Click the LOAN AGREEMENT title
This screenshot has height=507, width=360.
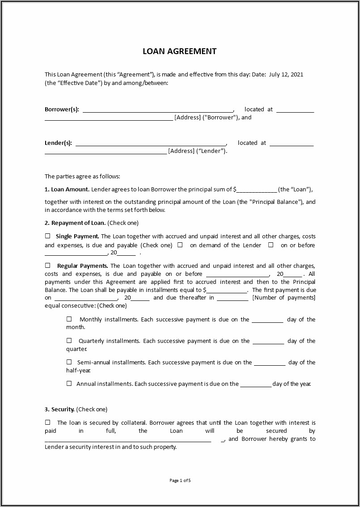point(179,51)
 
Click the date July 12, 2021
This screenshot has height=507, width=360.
point(286,75)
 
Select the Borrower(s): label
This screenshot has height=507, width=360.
point(62,110)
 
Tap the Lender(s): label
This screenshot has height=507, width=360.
point(58,143)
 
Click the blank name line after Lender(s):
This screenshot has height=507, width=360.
point(151,144)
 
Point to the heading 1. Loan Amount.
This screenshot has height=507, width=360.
point(67,190)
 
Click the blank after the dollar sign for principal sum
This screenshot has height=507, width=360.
point(257,190)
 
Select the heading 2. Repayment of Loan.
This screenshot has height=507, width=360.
point(75,223)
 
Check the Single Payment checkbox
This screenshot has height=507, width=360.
point(47,236)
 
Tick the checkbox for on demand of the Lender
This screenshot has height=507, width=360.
point(180,245)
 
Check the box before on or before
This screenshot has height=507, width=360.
point(271,245)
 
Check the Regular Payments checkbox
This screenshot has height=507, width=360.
point(47,266)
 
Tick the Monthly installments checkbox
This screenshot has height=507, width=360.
point(69,319)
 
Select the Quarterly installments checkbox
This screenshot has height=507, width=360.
point(69,341)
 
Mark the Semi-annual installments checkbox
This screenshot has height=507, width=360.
point(69,362)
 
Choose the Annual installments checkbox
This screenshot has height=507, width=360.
point(69,384)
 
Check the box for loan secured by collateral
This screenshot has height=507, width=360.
point(47,422)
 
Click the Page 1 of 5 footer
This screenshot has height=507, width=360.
point(180,481)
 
